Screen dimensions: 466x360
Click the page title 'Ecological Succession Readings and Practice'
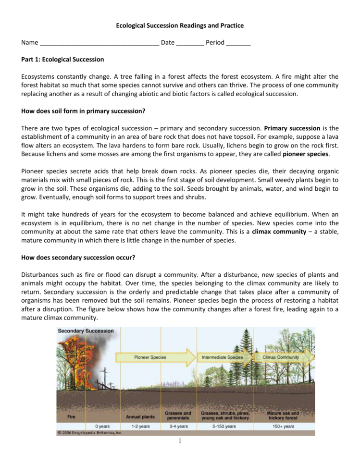point(180,25)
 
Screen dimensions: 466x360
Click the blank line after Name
point(99,43)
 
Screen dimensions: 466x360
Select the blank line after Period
point(238,43)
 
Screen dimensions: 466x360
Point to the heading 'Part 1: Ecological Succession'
point(62,60)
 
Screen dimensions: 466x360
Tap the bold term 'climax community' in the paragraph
point(279,232)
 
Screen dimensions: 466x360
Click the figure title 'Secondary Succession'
point(86,331)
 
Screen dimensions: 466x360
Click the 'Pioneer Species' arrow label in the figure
point(150,357)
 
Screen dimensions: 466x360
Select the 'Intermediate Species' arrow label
point(222,357)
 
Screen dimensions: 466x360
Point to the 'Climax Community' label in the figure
point(281,357)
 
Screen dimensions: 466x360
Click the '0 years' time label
point(102,426)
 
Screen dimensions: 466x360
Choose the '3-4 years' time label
point(178,426)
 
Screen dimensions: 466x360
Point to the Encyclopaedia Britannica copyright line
point(90,432)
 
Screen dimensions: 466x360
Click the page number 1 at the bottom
point(180,441)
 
